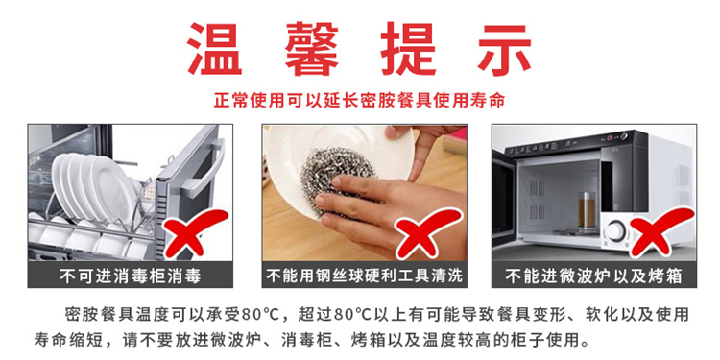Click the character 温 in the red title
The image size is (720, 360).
point(215,50)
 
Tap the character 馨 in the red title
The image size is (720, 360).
point(312,50)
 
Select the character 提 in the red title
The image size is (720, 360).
point(408,50)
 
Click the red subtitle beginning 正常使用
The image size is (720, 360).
point(360,100)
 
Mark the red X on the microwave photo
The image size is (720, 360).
point(661,232)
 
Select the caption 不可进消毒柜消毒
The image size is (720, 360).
point(130,276)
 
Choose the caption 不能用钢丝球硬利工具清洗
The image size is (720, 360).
point(365,276)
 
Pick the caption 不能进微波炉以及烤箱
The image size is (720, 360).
point(593,276)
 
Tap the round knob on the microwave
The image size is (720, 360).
point(614,230)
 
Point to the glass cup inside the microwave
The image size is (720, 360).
point(587,211)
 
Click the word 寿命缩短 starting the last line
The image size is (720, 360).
point(64,340)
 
